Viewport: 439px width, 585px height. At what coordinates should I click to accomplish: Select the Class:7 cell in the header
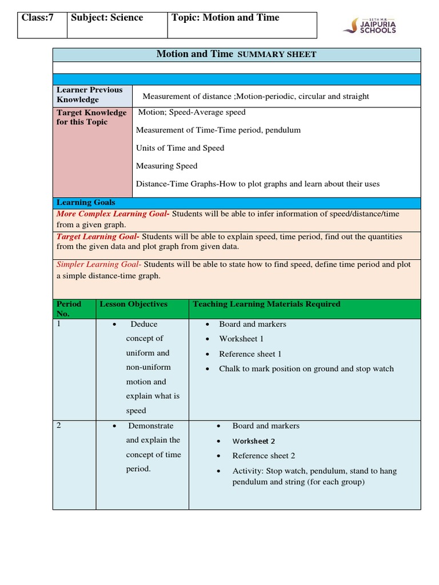point(38,18)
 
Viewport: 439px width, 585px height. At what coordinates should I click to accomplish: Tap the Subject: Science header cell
point(107,18)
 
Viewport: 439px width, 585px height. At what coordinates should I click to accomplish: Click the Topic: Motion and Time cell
point(225,18)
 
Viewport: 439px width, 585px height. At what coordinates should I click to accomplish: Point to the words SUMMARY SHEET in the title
point(277,55)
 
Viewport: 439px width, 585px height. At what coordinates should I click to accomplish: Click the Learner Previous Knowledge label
point(89,94)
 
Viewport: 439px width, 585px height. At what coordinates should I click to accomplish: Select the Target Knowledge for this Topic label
point(91,117)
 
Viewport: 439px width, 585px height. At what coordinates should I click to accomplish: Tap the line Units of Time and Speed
point(180,148)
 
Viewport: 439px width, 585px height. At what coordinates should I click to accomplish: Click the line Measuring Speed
point(166,166)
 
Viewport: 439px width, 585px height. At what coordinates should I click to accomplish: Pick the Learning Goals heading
point(86,202)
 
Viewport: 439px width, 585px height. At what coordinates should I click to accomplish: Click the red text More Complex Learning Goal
point(113,214)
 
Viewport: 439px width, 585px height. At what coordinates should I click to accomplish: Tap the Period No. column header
point(69,308)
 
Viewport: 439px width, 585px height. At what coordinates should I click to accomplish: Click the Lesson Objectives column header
point(133,304)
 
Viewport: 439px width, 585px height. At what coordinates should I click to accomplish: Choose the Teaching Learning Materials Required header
point(266,304)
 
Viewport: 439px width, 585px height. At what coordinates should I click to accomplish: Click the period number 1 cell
point(59,324)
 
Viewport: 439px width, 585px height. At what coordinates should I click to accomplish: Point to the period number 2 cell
point(59,426)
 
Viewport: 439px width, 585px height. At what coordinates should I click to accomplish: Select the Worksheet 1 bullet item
point(241,339)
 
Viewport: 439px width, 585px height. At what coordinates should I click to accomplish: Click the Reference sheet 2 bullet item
point(264,455)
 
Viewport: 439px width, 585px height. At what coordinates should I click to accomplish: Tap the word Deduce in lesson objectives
point(143,324)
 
